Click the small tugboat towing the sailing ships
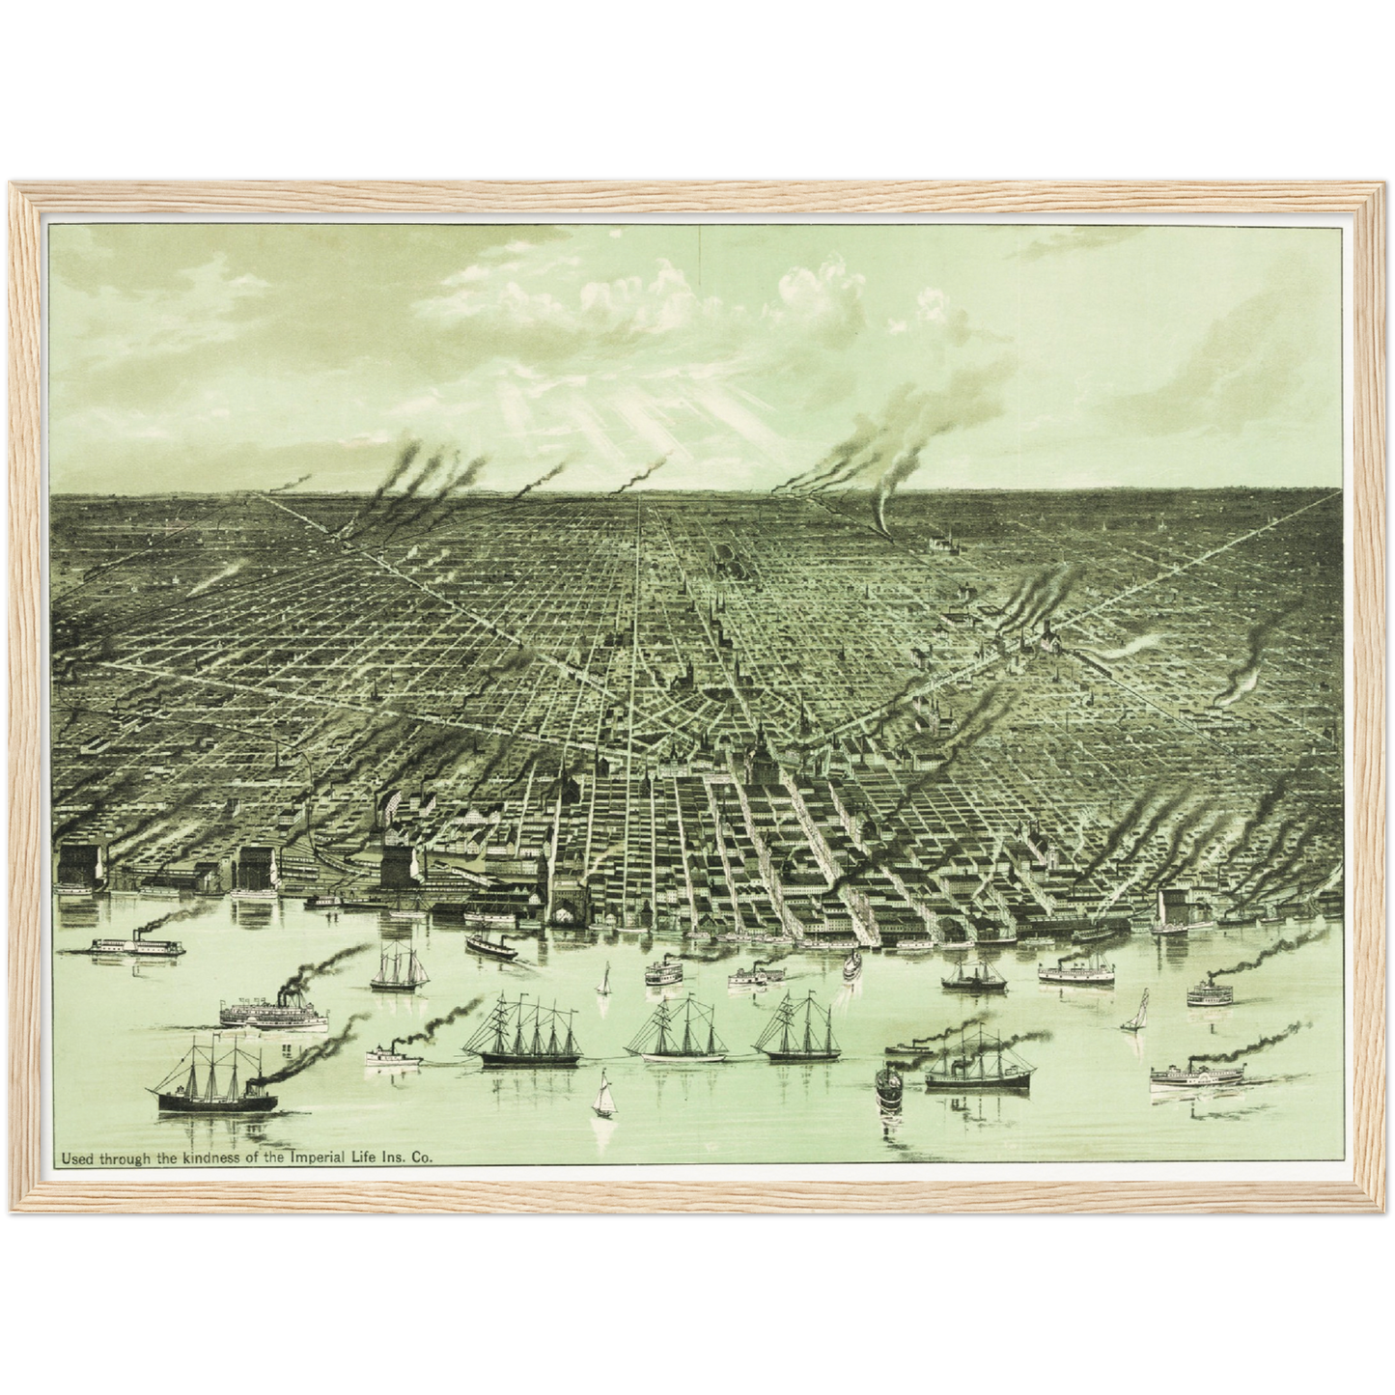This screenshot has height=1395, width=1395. point(393,1054)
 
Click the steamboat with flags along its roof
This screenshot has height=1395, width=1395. point(268,1012)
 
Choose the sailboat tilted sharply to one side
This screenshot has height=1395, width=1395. point(1139,1012)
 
